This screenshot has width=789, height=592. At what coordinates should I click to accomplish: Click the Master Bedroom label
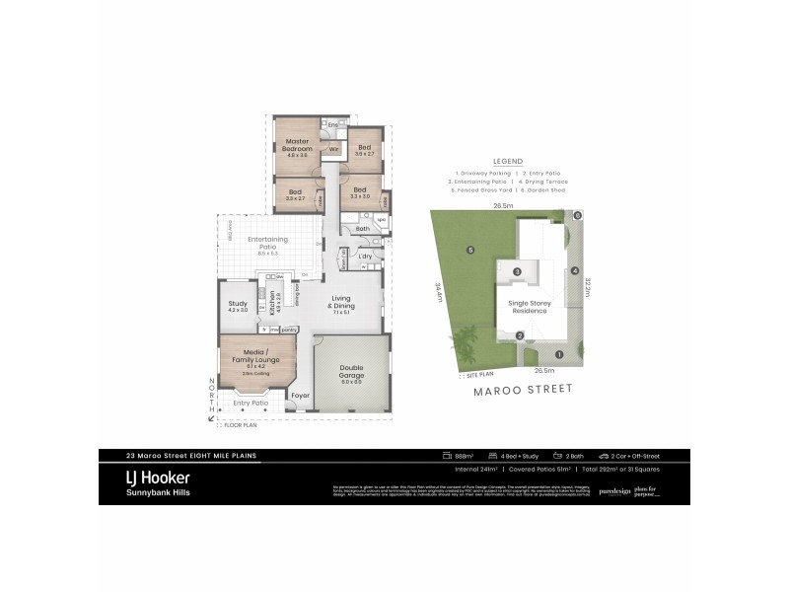(x=298, y=146)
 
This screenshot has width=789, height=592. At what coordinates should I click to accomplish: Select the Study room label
(x=238, y=305)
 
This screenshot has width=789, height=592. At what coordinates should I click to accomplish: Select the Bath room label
(x=363, y=229)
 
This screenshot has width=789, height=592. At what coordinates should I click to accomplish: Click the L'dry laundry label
(x=365, y=257)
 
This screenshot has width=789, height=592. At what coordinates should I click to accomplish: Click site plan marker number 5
(x=471, y=250)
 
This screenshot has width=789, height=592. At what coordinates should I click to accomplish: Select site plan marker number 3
(x=518, y=271)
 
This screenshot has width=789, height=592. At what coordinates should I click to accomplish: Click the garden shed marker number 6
(x=578, y=214)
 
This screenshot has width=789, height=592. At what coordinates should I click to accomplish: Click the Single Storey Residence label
(x=529, y=307)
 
